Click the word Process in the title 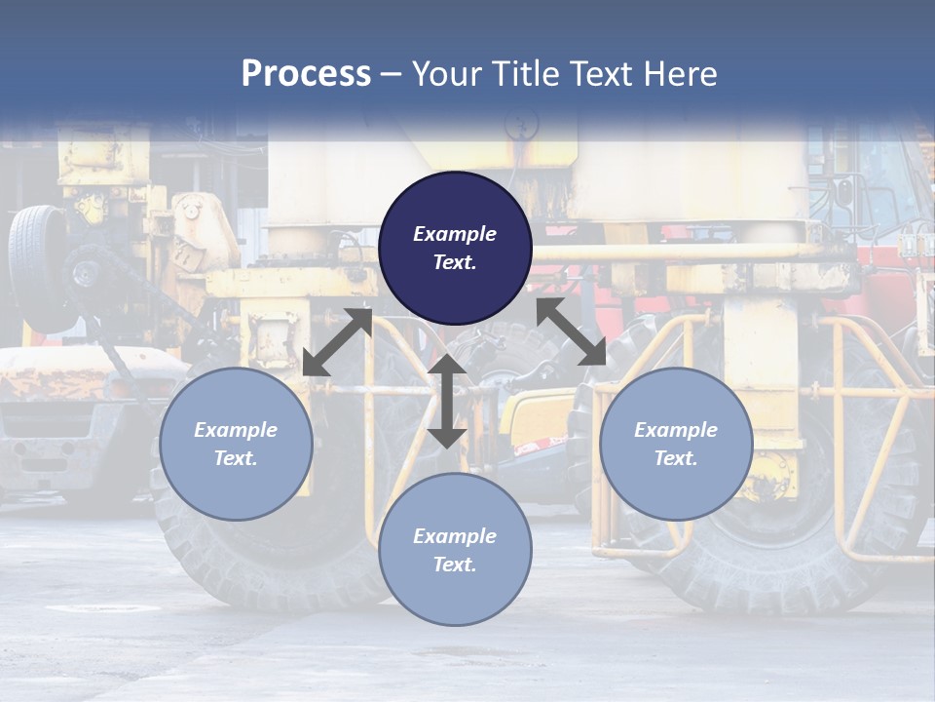coord(306,74)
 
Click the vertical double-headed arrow coord(447,401)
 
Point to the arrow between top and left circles coord(337,341)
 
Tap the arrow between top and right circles coord(572,331)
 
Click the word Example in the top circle coord(455,234)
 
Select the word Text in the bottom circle coord(454,565)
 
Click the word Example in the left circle coord(236,430)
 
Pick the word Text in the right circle coord(675,458)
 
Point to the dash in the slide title coord(392,74)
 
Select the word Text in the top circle coord(454,262)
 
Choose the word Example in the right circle coord(676,430)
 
